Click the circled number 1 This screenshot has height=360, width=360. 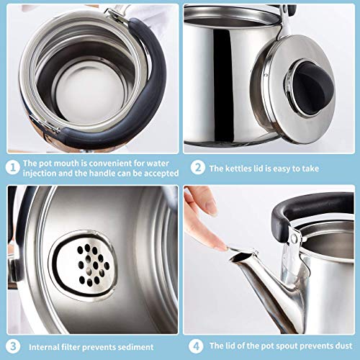(12, 168)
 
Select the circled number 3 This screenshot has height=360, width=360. (12, 345)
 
